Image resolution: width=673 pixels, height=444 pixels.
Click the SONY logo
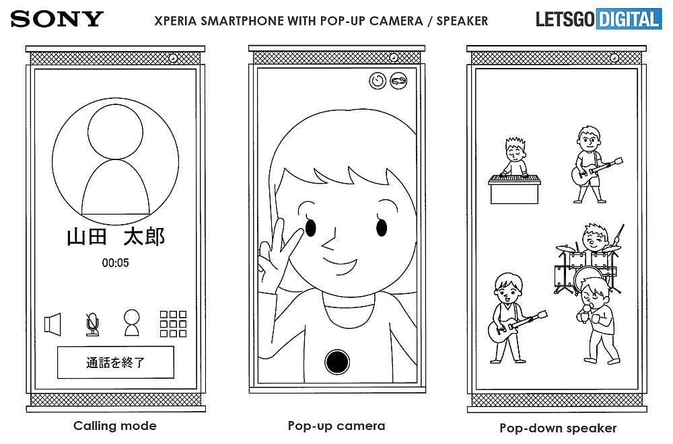(x=57, y=19)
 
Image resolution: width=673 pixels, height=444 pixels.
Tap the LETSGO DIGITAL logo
(x=598, y=20)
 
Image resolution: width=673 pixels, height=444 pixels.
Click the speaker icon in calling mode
(x=52, y=324)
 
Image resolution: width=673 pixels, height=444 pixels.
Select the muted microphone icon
(x=92, y=324)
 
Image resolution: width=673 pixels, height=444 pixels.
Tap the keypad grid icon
(x=173, y=324)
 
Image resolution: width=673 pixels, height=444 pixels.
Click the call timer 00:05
(x=115, y=262)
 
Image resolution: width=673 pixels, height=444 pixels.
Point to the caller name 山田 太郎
(x=116, y=237)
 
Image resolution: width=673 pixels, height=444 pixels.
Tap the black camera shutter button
(x=337, y=362)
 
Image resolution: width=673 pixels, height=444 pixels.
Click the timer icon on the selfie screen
(x=378, y=81)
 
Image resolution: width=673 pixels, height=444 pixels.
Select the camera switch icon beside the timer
(x=398, y=81)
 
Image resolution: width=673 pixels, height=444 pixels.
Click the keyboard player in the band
(x=515, y=170)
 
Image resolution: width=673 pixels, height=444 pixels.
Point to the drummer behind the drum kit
(x=594, y=237)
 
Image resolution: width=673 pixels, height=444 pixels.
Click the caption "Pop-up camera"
(x=336, y=426)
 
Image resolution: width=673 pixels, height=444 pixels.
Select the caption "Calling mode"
(x=115, y=426)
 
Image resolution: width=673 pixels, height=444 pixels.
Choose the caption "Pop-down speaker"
(x=558, y=428)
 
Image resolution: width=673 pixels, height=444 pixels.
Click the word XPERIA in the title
(x=176, y=21)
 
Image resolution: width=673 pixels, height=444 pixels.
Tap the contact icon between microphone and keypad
(x=132, y=323)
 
